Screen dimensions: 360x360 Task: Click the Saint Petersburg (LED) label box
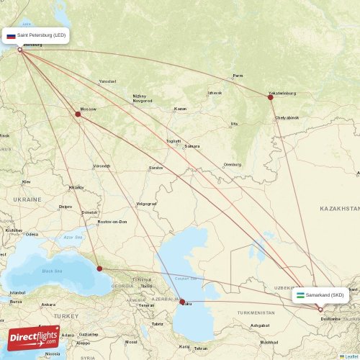[37, 35]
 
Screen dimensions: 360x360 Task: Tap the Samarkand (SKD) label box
[323, 294]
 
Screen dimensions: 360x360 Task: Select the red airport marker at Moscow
[78, 114]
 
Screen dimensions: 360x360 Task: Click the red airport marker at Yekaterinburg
[271, 97]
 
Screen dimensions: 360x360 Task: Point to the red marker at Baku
[182, 302]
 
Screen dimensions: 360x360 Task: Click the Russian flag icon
[11, 35]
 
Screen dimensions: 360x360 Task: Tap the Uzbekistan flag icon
[300, 294]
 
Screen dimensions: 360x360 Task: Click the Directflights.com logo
[34, 341]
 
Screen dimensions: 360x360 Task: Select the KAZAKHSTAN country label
[339, 207]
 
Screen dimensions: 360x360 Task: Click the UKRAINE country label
[27, 199]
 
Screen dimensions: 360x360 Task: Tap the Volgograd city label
[146, 203]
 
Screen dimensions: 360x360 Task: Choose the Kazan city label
[180, 109]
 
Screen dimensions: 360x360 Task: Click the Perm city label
[238, 76]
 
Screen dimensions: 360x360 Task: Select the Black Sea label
[52, 271]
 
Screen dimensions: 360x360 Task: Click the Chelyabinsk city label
[286, 117]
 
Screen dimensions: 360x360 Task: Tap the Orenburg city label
[233, 164]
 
